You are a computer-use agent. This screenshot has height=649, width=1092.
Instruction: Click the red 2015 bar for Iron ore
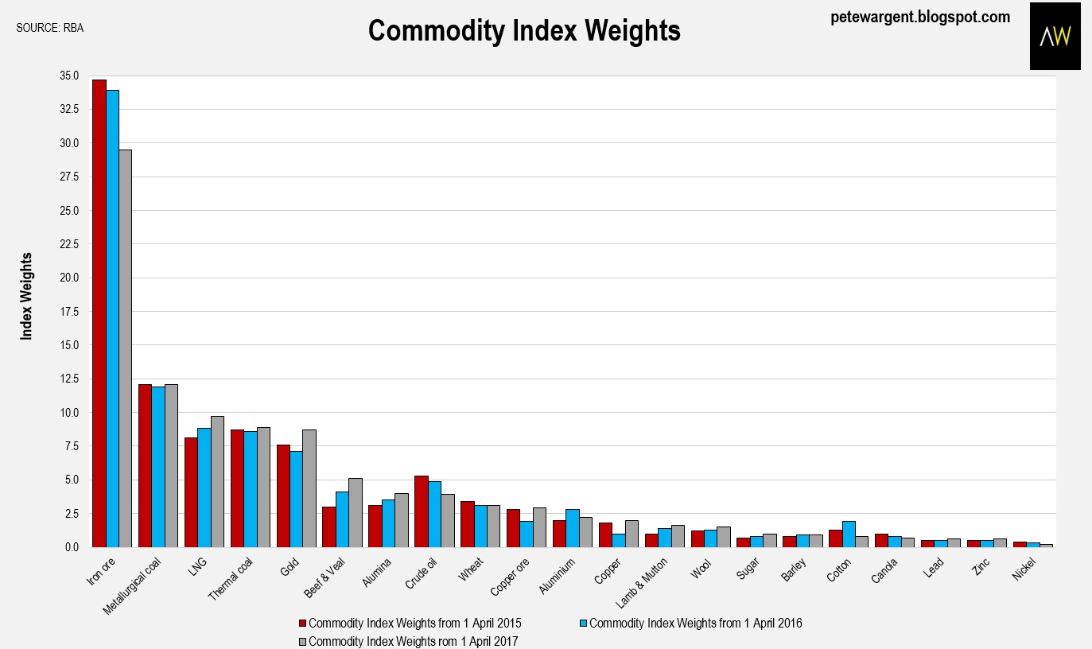[99, 313]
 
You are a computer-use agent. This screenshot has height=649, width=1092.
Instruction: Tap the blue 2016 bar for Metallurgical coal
[158, 467]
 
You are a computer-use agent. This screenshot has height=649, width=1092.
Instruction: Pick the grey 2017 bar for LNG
[217, 481]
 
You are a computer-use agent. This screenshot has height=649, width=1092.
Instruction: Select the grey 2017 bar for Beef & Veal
[356, 512]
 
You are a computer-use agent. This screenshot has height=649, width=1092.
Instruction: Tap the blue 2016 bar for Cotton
[849, 534]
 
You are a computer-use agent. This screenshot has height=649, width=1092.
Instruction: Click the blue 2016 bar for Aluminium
[573, 528]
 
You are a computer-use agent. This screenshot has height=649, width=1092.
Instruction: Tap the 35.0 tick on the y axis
[68, 76]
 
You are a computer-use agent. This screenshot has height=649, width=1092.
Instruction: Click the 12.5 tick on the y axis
[68, 379]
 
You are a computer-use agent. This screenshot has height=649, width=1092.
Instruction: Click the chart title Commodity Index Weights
[524, 31]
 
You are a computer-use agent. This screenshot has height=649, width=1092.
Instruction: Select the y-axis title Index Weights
[27, 296]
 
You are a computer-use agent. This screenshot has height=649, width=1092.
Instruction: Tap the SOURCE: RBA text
[49, 28]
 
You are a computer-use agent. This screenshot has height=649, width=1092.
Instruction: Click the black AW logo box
[1055, 36]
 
